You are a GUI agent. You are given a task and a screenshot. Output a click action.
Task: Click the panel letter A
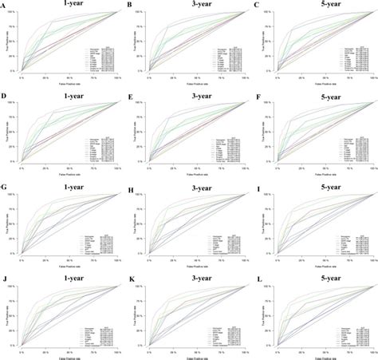pyautogui.click(x=4, y=5)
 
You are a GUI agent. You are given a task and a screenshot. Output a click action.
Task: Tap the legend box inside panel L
pyautogui.click(x=349, y=335)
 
